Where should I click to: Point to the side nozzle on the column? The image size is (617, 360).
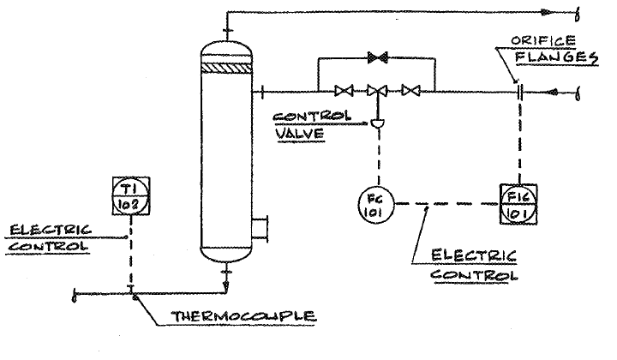pos(260,230)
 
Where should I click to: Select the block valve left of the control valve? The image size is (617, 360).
pos(345,89)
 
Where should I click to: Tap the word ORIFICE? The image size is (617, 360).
pos(537,39)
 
